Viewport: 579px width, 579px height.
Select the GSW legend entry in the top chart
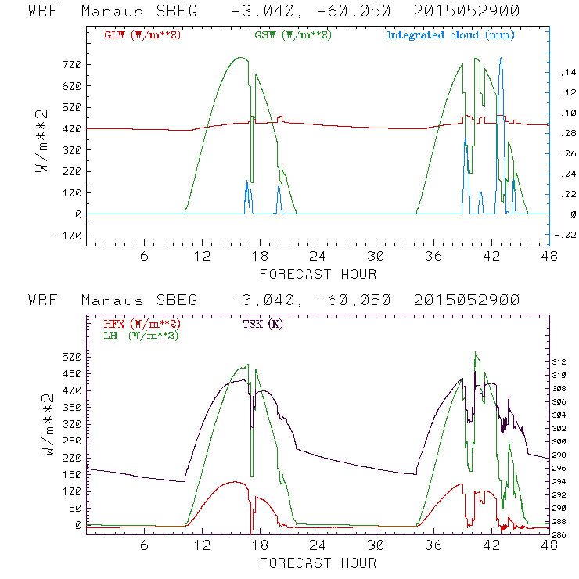292,35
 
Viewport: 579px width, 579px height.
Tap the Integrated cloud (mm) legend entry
451,35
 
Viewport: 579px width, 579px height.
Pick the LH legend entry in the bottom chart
142,335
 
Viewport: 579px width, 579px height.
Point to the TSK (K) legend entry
263,323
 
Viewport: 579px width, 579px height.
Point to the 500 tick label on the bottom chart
70,356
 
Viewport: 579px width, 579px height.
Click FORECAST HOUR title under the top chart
318,274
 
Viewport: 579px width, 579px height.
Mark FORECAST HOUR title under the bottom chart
318,563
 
